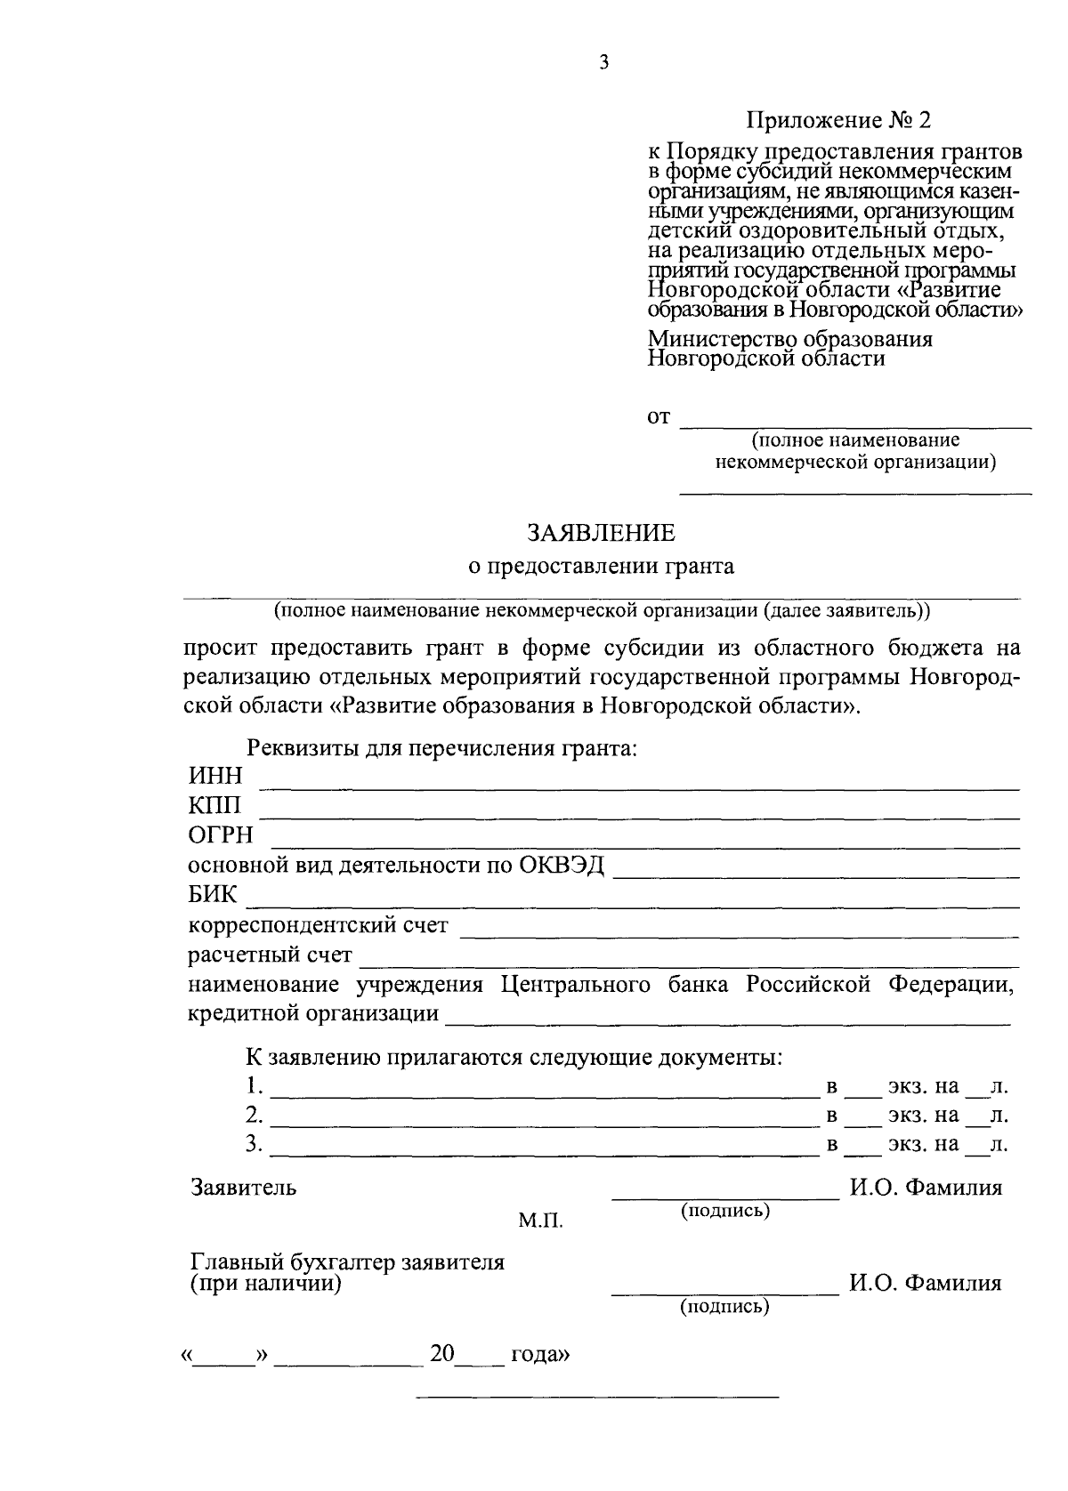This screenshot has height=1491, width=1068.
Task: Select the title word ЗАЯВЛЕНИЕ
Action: [x=602, y=533]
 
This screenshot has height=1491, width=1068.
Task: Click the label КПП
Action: [x=214, y=806]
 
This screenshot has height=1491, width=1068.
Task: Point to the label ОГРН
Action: [x=221, y=835]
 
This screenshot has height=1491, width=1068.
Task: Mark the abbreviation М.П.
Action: [x=541, y=1221]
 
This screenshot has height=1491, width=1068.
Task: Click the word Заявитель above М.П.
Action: [x=244, y=1187]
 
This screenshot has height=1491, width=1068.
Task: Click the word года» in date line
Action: [x=540, y=1355]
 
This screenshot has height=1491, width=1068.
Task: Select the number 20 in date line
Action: [x=442, y=1354]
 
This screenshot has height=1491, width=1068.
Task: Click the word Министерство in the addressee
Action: [x=724, y=339]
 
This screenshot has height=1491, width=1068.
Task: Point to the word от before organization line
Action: [x=658, y=417]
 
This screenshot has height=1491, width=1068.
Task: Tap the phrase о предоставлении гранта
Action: [x=602, y=567]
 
